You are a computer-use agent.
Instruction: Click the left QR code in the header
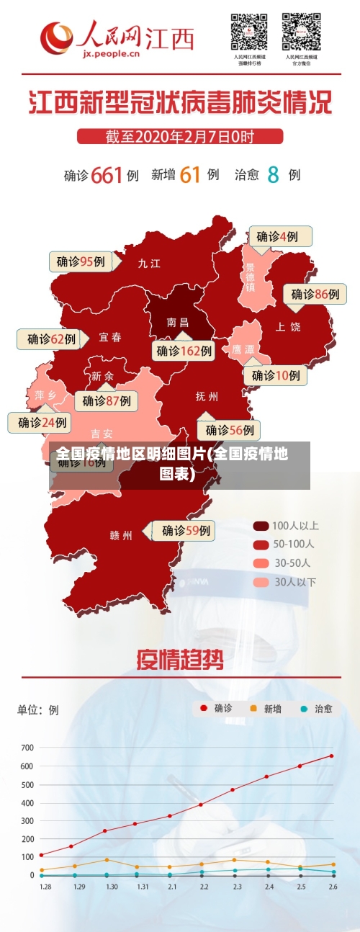point(249,32)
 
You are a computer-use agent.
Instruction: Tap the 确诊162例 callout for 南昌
point(184,351)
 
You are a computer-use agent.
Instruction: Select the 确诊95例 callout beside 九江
point(81,261)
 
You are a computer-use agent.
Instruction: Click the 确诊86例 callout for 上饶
point(315,294)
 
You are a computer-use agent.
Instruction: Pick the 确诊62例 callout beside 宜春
point(51,339)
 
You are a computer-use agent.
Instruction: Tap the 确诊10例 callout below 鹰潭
point(276,375)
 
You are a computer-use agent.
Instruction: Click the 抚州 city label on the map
point(207,396)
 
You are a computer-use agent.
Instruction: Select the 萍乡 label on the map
point(45,395)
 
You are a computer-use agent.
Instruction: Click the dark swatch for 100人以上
point(261,526)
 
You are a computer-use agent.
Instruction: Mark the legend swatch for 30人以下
point(261,581)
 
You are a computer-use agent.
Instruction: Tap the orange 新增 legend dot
point(253,709)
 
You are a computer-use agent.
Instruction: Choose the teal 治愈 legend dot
point(304,709)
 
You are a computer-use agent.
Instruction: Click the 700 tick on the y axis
point(27,748)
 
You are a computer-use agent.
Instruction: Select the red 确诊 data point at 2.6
point(331,756)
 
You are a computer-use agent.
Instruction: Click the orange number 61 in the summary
point(189,174)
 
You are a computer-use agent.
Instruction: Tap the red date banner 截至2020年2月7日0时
point(179,135)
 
